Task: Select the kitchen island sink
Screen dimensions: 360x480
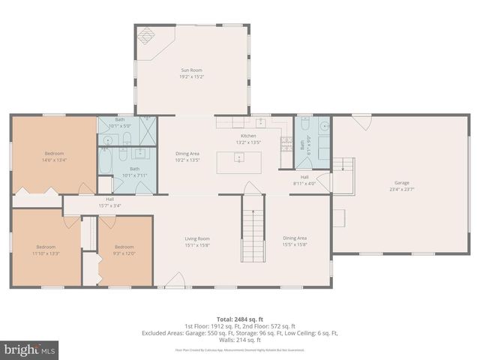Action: point(238,158)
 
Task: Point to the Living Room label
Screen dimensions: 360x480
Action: point(197,238)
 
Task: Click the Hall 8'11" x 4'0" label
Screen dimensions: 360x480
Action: point(304,180)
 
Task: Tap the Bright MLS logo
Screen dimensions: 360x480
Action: point(30,350)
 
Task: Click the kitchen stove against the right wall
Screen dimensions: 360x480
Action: point(286,141)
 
